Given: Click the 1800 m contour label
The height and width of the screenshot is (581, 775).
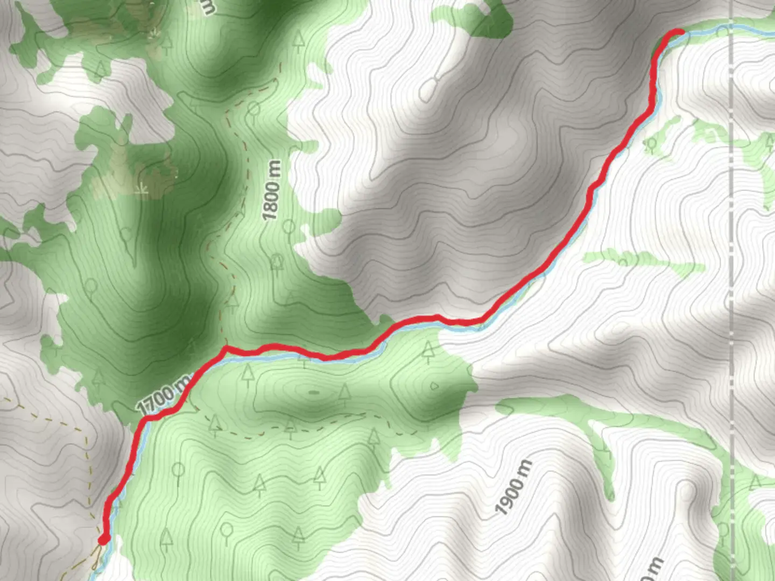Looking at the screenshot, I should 272,190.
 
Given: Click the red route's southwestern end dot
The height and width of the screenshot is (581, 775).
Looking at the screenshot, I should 104,539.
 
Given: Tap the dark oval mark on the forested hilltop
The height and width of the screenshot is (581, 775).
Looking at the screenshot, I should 313,392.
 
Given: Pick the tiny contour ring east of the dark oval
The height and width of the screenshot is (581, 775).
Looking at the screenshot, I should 434,386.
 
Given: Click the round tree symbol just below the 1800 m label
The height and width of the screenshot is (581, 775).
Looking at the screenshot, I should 289,226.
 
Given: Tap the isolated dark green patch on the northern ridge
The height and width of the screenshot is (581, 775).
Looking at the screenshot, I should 487,19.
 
